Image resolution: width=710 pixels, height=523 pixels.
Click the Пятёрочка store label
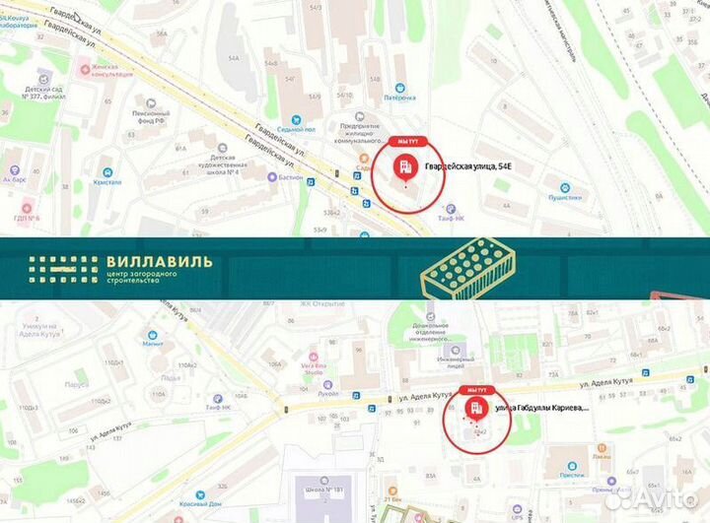click(398, 98)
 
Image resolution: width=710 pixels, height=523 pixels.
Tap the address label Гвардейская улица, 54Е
click(468, 168)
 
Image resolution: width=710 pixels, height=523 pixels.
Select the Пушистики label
click(564, 197)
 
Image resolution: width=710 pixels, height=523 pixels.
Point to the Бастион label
click(290, 177)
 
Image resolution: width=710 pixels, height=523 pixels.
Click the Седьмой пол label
click(296, 129)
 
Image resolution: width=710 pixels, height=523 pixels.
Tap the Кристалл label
click(108, 182)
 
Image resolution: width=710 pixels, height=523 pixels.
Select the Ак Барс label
click(14, 180)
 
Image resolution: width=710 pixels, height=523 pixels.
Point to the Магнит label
click(152, 345)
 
